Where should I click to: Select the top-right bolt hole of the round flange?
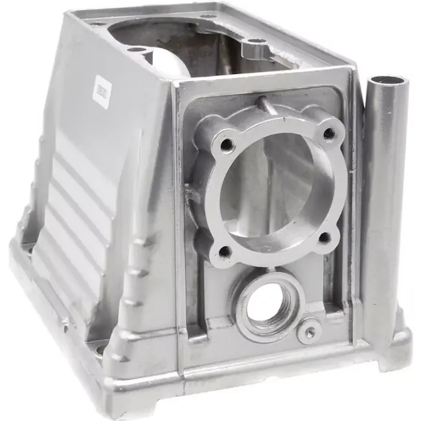click(329, 134)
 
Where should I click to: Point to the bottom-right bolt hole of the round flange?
click(324, 238)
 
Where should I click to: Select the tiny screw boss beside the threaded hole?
click(309, 331)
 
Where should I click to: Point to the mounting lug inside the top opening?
click(255, 47)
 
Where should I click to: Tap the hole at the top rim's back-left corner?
click(97, 23)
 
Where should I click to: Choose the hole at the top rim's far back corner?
click(207, 16)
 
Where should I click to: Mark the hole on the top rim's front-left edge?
click(135, 50)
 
